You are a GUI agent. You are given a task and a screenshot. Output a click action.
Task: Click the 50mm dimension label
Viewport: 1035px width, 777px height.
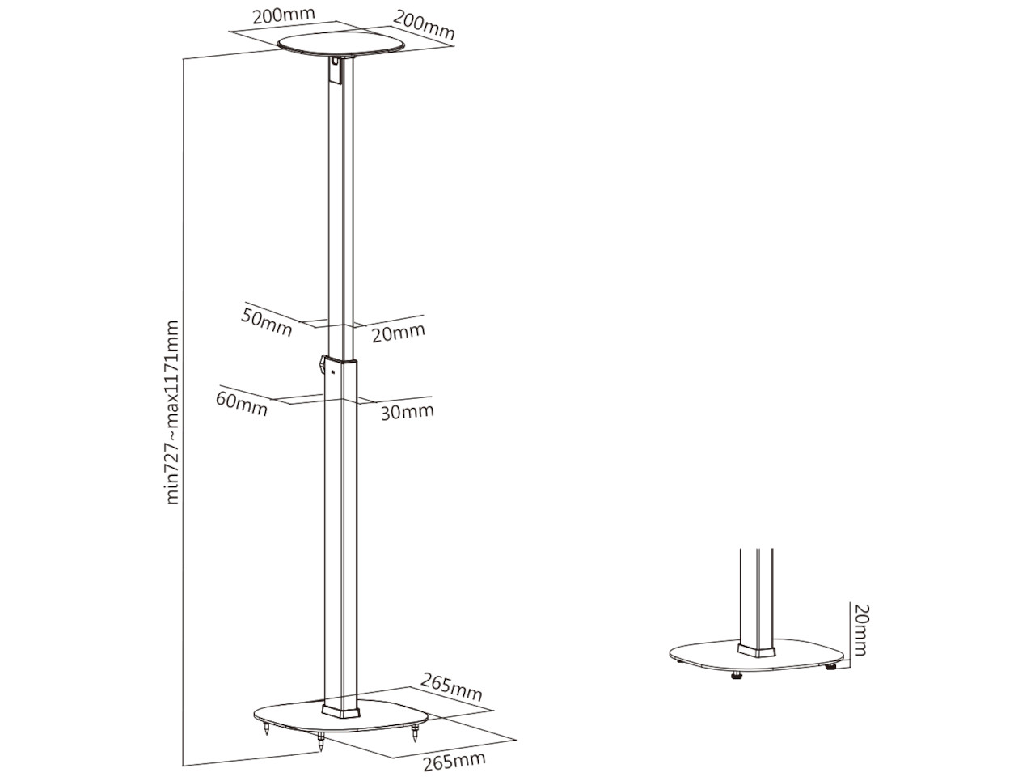pyautogui.click(x=266, y=322)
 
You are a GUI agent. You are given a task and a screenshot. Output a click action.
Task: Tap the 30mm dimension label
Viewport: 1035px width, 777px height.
pyautogui.click(x=408, y=412)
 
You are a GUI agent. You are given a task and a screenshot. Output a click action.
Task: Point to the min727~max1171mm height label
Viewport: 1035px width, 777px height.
pyautogui.click(x=173, y=413)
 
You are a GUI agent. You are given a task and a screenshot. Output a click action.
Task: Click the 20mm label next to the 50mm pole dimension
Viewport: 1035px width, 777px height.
pyautogui.click(x=399, y=333)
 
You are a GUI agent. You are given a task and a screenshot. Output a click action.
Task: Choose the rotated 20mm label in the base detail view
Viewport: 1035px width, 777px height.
pyautogui.click(x=860, y=630)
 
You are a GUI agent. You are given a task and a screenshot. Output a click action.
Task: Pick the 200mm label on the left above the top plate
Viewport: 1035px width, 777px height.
pyautogui.click(x=283, y=15)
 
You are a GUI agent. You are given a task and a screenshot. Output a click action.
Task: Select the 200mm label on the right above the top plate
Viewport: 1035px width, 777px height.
pyautogui.click(x=424, y=25)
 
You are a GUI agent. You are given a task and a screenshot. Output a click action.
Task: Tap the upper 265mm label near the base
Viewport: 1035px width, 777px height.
pyautogui.click(x=452, y=687)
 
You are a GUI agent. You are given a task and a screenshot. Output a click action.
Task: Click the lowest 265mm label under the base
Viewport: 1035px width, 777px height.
pyautogui.click(x=454, y=761)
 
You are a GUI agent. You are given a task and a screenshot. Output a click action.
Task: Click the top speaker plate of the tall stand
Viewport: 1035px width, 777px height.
pyautogui.click(x=341, y=45)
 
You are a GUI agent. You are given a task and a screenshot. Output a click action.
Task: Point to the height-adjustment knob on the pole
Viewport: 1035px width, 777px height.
pyautogui.click(x=322, y=364)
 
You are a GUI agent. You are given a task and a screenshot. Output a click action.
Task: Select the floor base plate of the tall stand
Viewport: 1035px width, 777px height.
pyautogui.click(x=340, y=716)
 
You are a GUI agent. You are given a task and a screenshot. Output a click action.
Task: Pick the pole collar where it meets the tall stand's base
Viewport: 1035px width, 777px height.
pyautogui.click(x=340, y=710)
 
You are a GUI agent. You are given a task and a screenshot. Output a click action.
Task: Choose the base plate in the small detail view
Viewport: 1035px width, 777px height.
pyautogui.click(x=756, y=656)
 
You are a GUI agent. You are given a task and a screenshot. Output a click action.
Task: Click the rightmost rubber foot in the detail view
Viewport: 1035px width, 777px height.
pyautogui.click(x=830, y=667)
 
